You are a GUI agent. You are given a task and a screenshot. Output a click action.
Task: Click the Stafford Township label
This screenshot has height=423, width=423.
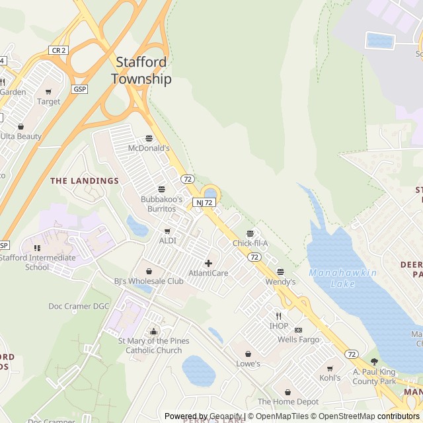pos(141,70)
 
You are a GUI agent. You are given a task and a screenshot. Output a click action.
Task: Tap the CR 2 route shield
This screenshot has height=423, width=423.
pos(58,50)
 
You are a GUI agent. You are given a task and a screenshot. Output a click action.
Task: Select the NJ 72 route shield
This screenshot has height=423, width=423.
pos(204,202)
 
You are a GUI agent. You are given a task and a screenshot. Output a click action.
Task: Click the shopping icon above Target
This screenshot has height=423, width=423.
pos(48,92)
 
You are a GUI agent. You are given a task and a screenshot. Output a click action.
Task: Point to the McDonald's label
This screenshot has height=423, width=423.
pos(149,148)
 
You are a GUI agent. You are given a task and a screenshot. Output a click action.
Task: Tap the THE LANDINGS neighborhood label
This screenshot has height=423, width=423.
pos(85,180)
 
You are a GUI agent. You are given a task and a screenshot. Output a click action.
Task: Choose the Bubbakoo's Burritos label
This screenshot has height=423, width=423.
pos(161,204)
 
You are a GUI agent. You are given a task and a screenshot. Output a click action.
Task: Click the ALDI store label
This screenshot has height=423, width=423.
pos(167,241)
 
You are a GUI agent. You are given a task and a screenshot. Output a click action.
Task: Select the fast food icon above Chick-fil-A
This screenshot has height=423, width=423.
pos(250,233)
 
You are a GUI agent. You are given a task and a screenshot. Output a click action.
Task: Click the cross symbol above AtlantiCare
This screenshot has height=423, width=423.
pos(208,263)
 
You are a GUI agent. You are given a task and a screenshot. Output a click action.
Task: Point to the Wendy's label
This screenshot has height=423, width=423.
pos(280,282)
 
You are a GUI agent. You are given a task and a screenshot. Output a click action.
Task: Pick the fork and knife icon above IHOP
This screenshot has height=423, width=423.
pos(279,316)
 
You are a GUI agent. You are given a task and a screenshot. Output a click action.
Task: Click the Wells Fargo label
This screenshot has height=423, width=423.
pos(298,340)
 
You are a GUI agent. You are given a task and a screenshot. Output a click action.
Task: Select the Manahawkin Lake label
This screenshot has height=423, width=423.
pos(342,278)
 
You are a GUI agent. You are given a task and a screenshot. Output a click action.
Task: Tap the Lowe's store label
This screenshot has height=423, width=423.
pos(248,364)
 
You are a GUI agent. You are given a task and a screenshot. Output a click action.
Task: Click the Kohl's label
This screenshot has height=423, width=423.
pos(330,378)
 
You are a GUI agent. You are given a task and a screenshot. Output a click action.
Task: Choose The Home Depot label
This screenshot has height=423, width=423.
pos(288,401)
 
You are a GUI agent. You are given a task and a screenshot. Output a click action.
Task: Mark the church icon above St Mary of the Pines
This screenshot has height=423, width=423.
pos(153,331)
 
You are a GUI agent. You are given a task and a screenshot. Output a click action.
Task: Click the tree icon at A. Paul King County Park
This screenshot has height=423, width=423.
pos(374,362)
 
